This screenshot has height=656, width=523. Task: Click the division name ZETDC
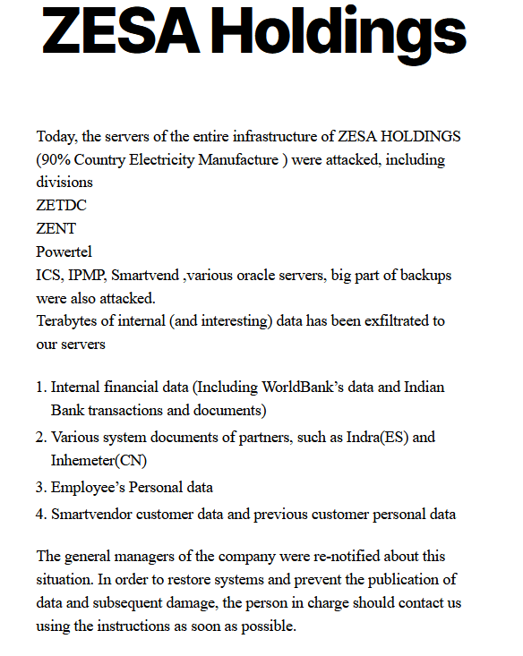pyautogui.click(x=61, y=205)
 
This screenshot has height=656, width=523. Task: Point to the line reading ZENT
pyautogui.click(x=56, y=228)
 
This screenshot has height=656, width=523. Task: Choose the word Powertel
pyautogui.click(x=64, y=251)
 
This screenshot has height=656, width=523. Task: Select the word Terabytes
pyautogui.click(x=68, y=320)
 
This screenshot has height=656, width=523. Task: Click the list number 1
pyautogui.click(x=40, y=388)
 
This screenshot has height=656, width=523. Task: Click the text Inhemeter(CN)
pyautogui.click(x=99, y=461)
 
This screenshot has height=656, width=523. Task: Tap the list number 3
pyautogui.click(x=40, y=488)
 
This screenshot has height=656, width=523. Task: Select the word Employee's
pyautogui.click(x=88, y=488)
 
